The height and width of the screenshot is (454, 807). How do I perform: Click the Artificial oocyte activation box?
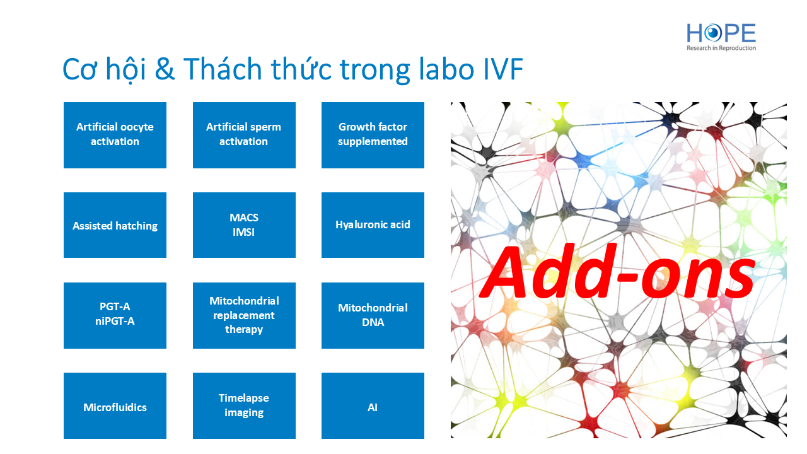pos(115,135)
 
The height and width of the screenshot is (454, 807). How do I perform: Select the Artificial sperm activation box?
pos(244,135)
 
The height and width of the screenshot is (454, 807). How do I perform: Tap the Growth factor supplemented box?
pos(373,135)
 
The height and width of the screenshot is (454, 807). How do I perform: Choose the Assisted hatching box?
pos(115,225)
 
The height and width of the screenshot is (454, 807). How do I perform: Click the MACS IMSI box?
pos(244,225)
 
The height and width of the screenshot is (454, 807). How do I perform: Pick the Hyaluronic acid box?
pos(373,225)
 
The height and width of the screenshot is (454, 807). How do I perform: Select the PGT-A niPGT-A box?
pos(115,316)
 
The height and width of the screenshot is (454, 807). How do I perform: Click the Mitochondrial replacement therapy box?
pos(244,316)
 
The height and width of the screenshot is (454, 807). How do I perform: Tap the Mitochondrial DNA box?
pos(373,316)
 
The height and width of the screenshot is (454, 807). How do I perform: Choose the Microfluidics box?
pos(115,405)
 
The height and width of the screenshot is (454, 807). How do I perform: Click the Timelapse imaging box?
pos(244,405)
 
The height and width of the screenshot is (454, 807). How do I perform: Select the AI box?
pos(373,405)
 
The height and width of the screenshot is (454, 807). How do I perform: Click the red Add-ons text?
pos(617,271)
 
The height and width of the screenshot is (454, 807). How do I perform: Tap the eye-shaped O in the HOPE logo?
pos(713,33)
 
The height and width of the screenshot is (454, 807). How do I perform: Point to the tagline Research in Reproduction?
pos(721,48)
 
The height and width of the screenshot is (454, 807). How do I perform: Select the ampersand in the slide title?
pos(165,69)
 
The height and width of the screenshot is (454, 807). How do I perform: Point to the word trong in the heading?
pos(375,71)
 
